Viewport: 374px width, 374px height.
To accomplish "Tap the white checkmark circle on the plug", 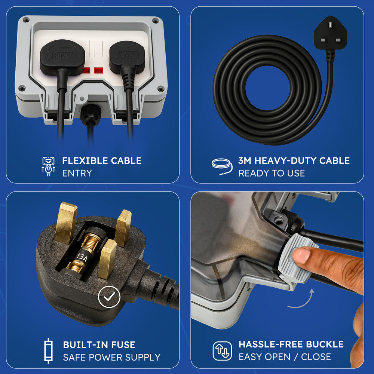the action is pos(109,297).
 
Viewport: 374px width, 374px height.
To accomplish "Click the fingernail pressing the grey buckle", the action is pos(301,255).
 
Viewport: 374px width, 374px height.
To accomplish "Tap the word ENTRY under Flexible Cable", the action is pos(77,173).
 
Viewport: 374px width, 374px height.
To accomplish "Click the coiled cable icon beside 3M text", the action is pos(222,167).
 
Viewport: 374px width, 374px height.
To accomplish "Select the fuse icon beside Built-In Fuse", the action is pos(48,351).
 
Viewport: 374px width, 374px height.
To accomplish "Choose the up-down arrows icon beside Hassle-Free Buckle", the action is pos(222,351).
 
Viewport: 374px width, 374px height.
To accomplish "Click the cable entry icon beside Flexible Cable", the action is pos(48,166).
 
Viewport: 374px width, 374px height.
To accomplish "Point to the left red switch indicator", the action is pos(86,70).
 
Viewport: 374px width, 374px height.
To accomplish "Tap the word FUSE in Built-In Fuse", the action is pos(123,345).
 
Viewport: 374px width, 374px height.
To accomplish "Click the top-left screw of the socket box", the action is pos(26,19).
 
